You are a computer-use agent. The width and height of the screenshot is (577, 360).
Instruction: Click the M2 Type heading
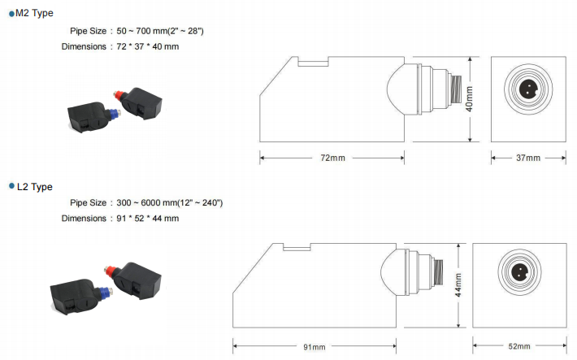tap(34, 13)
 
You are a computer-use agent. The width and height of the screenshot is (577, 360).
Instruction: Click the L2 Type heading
tap(35, 187)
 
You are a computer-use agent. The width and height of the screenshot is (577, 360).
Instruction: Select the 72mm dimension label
tap(332, 158)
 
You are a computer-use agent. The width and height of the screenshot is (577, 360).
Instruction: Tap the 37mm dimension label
tap(528, 158)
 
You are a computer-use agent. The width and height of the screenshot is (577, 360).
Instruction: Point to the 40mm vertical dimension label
tap(469, 99)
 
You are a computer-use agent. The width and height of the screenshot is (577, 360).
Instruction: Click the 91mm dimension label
tap(315, 347)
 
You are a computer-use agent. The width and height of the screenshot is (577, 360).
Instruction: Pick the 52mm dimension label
tap(519, 346)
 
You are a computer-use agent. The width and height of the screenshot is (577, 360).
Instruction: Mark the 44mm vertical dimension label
tap(458, 285)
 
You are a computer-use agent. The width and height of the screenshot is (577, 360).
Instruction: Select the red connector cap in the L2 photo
tap(109, 271)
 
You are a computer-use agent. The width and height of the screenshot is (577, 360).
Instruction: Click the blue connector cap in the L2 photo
tap(106, 292)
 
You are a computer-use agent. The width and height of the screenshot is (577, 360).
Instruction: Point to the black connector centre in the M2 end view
tap(528, 89)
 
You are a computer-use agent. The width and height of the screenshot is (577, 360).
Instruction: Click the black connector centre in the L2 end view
tap(519, 272)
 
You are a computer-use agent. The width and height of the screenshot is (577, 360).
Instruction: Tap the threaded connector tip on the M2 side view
tap(456, 89)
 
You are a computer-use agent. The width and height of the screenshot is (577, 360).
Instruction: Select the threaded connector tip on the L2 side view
tap(438, 272)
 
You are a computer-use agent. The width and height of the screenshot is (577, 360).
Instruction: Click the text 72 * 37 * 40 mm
tap(148, 47)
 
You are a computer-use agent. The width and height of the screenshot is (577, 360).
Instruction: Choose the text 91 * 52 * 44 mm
tap(148, 219)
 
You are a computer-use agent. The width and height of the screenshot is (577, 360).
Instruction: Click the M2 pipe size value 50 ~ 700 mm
tap(142, 31)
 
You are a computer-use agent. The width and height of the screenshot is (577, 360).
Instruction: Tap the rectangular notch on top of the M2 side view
tap(313, 62)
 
